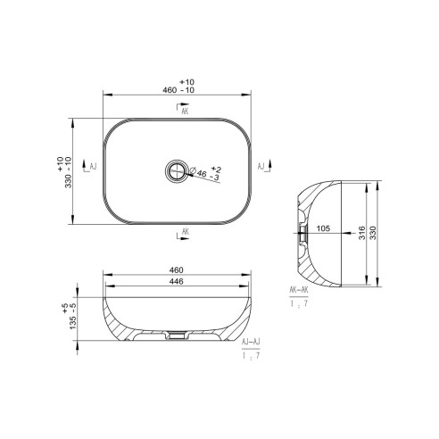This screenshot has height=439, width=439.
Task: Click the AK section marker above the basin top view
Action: point(183,112)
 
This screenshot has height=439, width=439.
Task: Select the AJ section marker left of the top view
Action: point(89,167)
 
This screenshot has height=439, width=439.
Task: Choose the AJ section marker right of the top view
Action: point(262,167)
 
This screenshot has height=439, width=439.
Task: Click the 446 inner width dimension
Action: point(177,283)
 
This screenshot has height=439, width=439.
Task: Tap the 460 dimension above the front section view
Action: point(177,269)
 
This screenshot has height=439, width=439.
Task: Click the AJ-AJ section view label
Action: point(251,342)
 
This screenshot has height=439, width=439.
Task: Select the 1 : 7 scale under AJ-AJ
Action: point(251,356)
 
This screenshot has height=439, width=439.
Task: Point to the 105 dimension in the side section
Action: point(323,228)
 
